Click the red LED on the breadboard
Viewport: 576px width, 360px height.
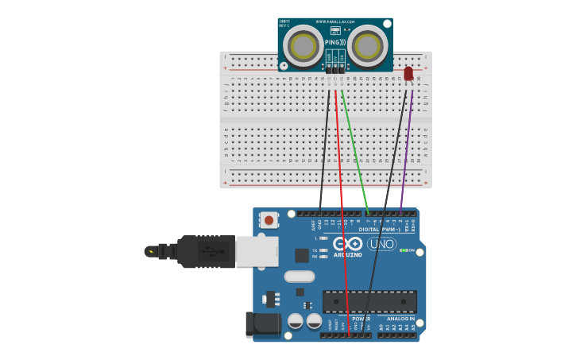point(408,73)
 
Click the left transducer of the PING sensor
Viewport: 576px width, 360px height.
point(303,46)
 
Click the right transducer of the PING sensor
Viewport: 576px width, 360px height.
point(367,46)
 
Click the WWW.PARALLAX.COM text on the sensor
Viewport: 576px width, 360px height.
point(337,21)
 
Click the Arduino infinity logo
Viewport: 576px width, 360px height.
point(347,243)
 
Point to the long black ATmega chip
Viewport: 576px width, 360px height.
point(369,301)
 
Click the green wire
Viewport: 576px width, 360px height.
point(354,151)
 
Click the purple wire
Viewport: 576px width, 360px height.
point(407,151)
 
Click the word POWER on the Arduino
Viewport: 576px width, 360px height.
point(361,319)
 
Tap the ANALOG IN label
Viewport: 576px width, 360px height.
point(400,319)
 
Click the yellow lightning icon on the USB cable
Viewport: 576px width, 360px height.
point(150,251)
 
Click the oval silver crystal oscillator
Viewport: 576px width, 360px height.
point(300,277)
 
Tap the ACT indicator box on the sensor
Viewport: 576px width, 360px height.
point(335,30)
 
